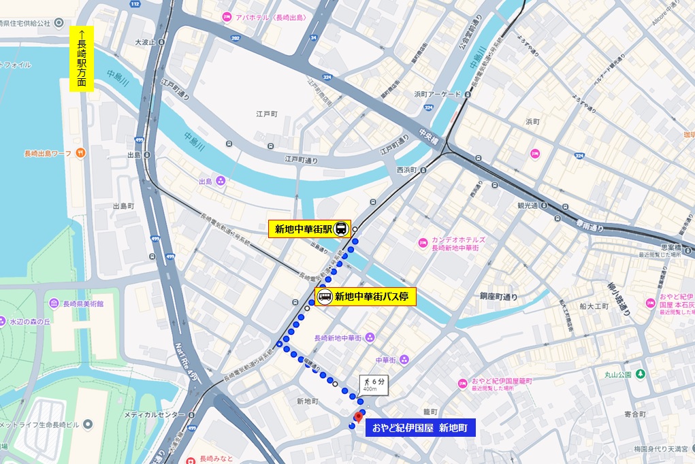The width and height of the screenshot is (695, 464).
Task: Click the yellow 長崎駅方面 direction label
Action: (x=82, y=59)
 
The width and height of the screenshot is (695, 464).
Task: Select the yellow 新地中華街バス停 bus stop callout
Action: (x=365, y=297)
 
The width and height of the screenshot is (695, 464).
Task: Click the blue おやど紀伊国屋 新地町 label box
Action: (x=419, y=427)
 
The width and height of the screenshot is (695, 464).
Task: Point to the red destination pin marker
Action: (x=358, y=417)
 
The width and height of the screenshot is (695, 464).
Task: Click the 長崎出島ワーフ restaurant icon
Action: (x=80, y=152)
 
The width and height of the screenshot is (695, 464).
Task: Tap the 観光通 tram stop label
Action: (x=528, y=205)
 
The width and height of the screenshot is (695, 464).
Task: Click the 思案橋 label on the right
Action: (x=671, y=248)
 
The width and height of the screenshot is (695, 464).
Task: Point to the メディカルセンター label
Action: (x=155, y=414)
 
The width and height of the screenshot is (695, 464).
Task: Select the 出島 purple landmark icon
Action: (x=221, y=182)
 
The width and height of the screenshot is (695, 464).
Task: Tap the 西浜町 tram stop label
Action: (x=409, y=169)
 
